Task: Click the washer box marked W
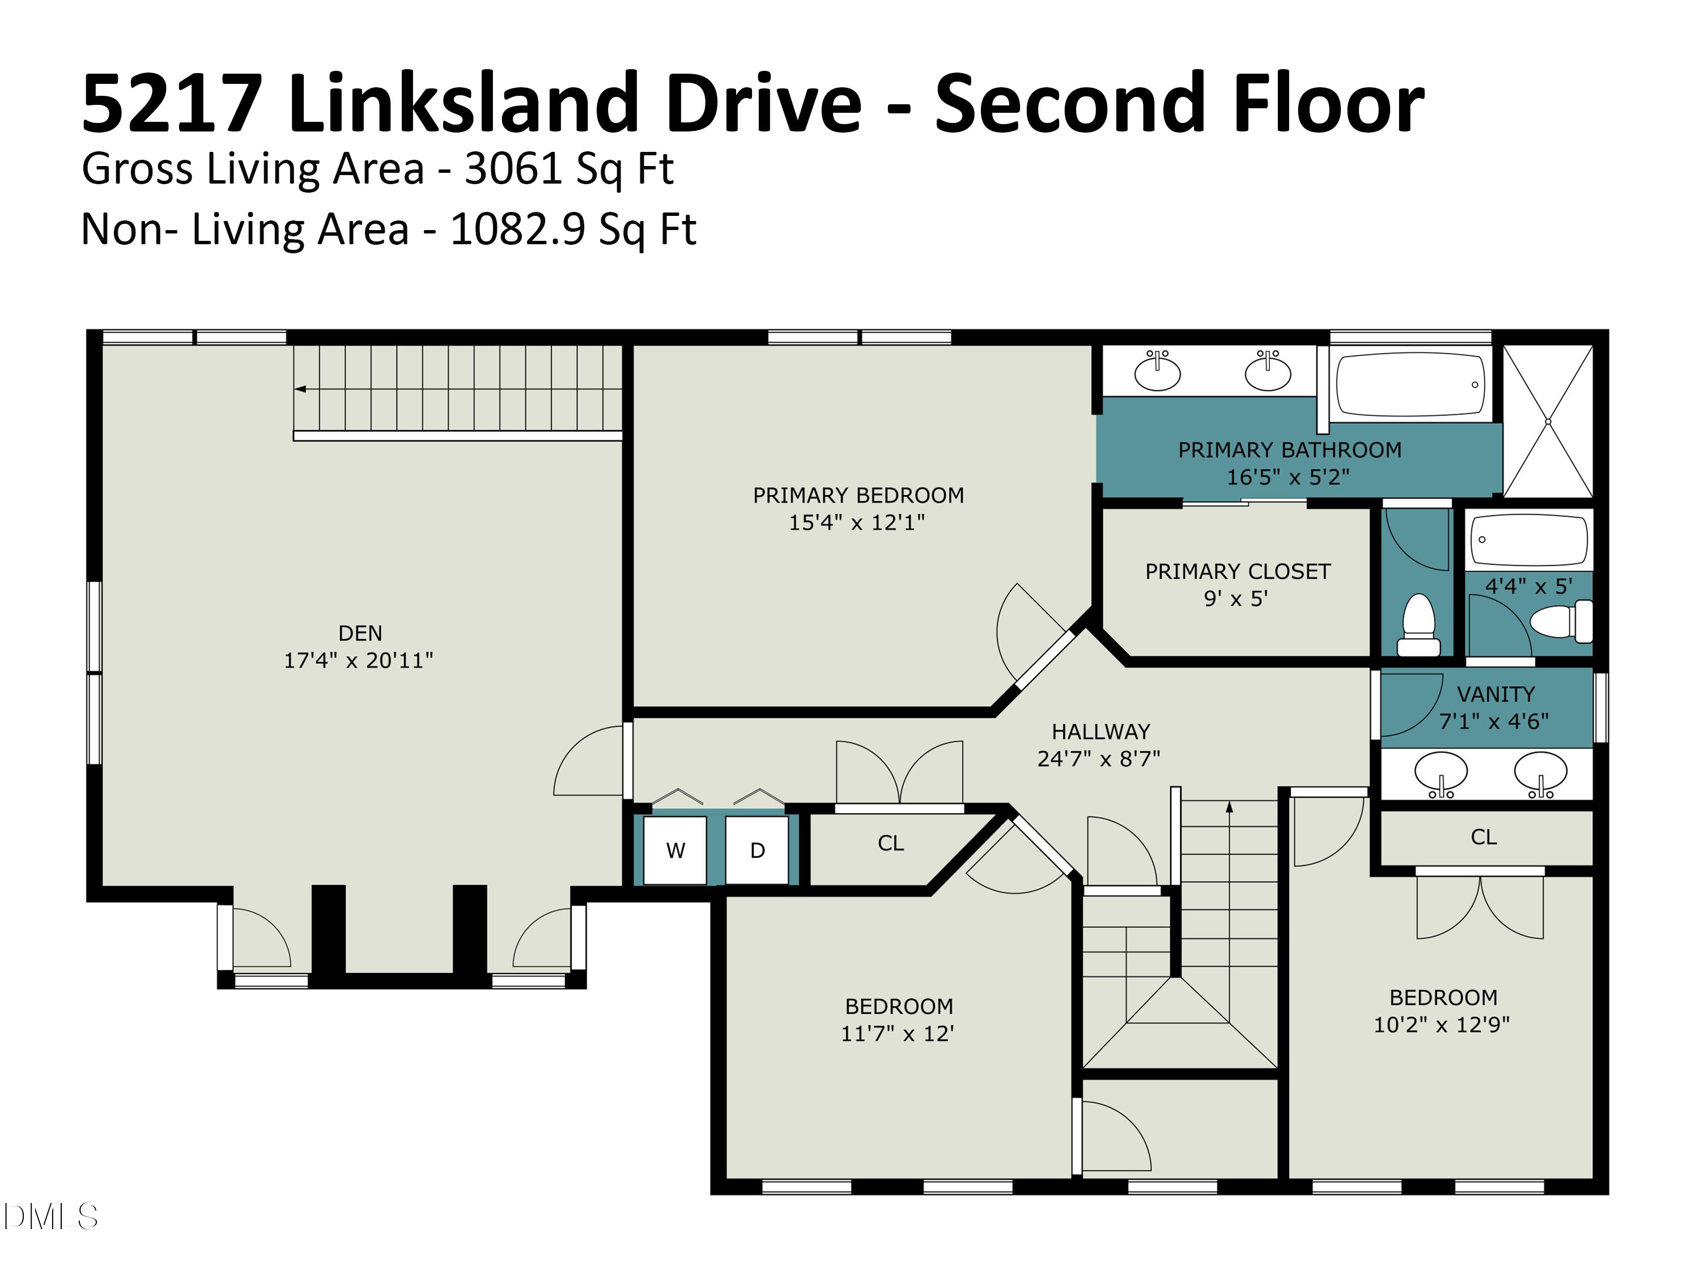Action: pyautogui.click(x=675, y=850)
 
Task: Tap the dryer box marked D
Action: pyautogui.click(x=757, y=850)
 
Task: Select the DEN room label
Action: pyautogui.click(x=360, y=634)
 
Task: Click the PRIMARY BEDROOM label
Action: pyautogui.click(x=858, y=496)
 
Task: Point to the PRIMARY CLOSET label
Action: pyautogui.click(x=1238, y=572)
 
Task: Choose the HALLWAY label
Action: pyautogui.click(x=1100, y=732)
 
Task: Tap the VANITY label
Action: pyautogui.click(x=1495, y=695)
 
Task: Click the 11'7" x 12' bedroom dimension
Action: pyautogui.click(x=898, y=1034)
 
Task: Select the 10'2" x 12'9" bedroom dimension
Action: pyautogui.click(x=1442, y=1025)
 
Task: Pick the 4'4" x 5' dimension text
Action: pyautogui.click(x=1529, y=586)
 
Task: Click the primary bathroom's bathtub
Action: pyautogui.click(x=1411, y=384)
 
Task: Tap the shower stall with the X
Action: pyautogui.click(x=1548, y=421)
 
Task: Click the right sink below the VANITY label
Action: pyautogui.click(x=1541, y=773)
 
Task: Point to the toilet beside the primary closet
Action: pyautogui.click(x=1419, y=626)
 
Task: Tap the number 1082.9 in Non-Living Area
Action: pyautogui.click(x=518, y=229)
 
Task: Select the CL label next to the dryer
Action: pyautogui.click(x=891, y=844)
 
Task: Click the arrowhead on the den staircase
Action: pyautogui.click(x=300, y=389)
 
